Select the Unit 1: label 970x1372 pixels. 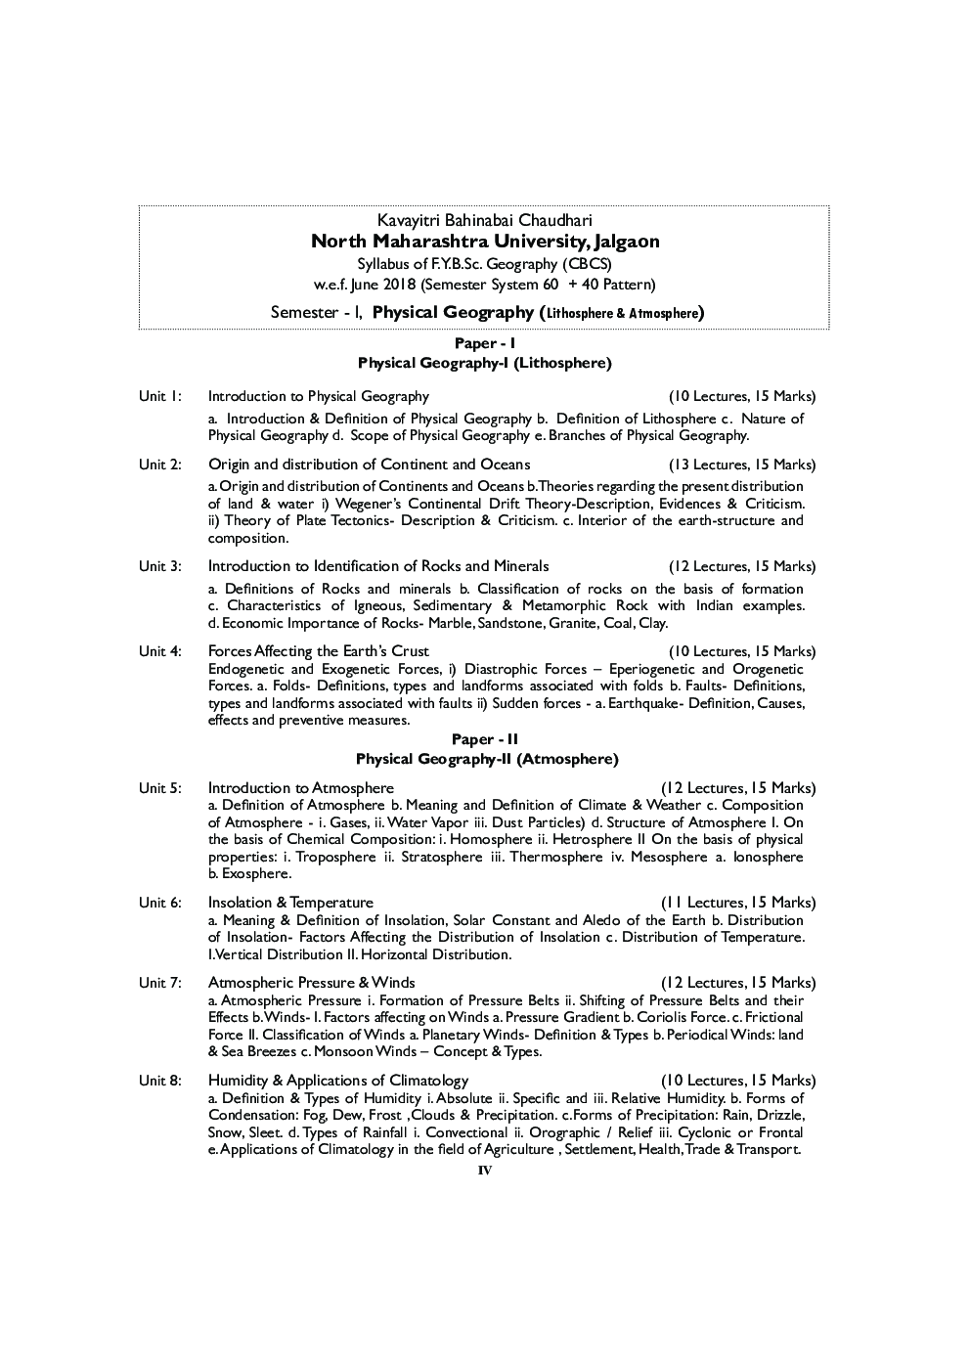tap(159, 396)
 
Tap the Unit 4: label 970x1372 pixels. tap(159, 651)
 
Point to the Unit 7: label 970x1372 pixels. tap(159, 983)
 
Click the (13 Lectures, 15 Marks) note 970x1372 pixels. tap(741, 465)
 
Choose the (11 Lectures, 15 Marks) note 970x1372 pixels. tap(737, 903)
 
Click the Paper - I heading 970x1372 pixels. tap(485, 343)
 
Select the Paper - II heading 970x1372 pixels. tap(485, 740)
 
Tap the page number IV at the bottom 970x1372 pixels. tap(485, 1171)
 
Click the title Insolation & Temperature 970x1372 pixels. tap(290, 903)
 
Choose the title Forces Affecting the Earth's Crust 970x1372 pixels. tap(319, 651)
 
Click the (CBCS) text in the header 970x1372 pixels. tap(587, 264)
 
